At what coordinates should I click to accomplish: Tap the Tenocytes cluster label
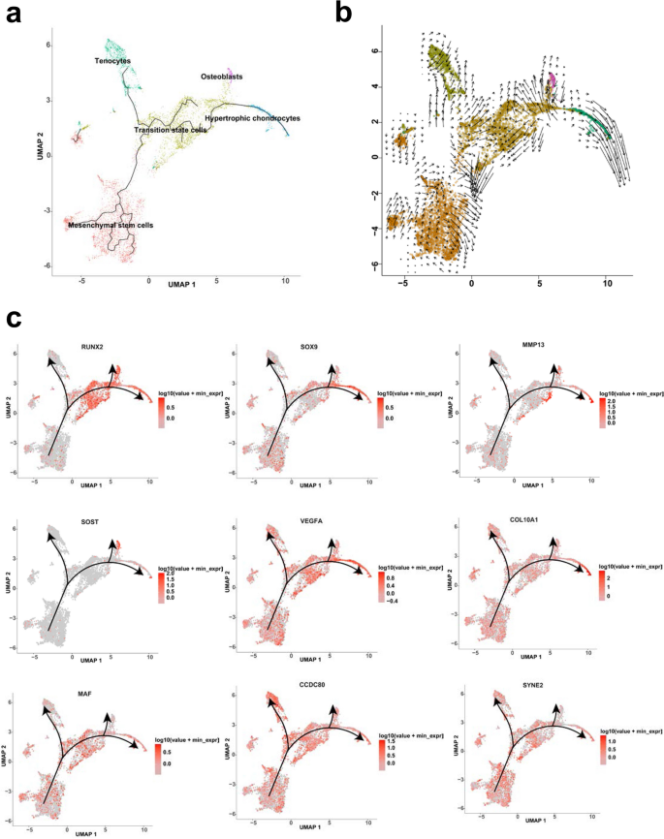(x=112, y=61)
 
